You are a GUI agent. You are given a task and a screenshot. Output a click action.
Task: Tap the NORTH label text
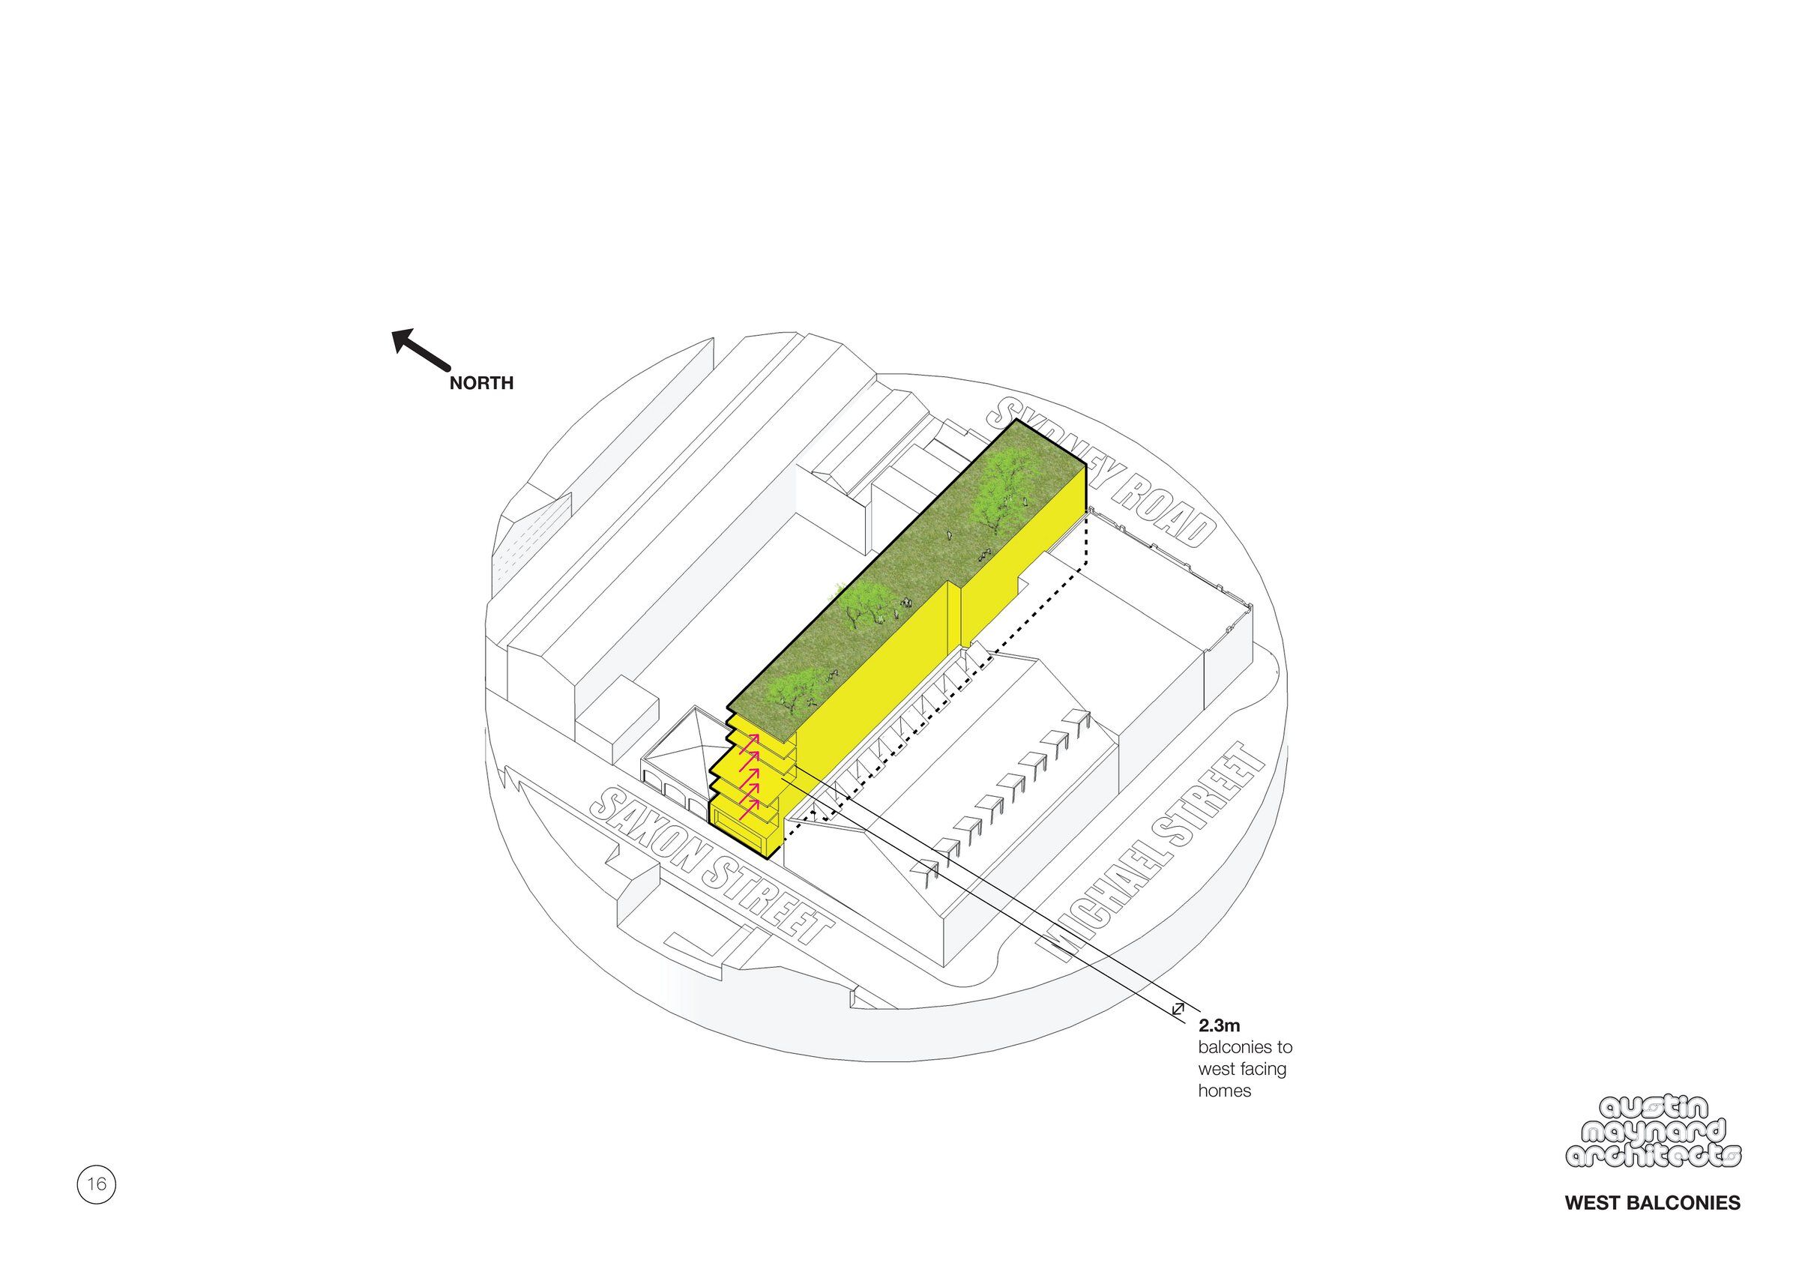click(x=481, y=383)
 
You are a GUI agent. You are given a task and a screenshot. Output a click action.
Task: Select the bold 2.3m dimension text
click(x=1219, y=1025)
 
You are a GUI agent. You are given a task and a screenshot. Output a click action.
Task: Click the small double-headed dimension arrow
click(x=1177, y=1010)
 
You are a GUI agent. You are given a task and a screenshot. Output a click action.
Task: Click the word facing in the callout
click(x=1262, y=1069)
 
